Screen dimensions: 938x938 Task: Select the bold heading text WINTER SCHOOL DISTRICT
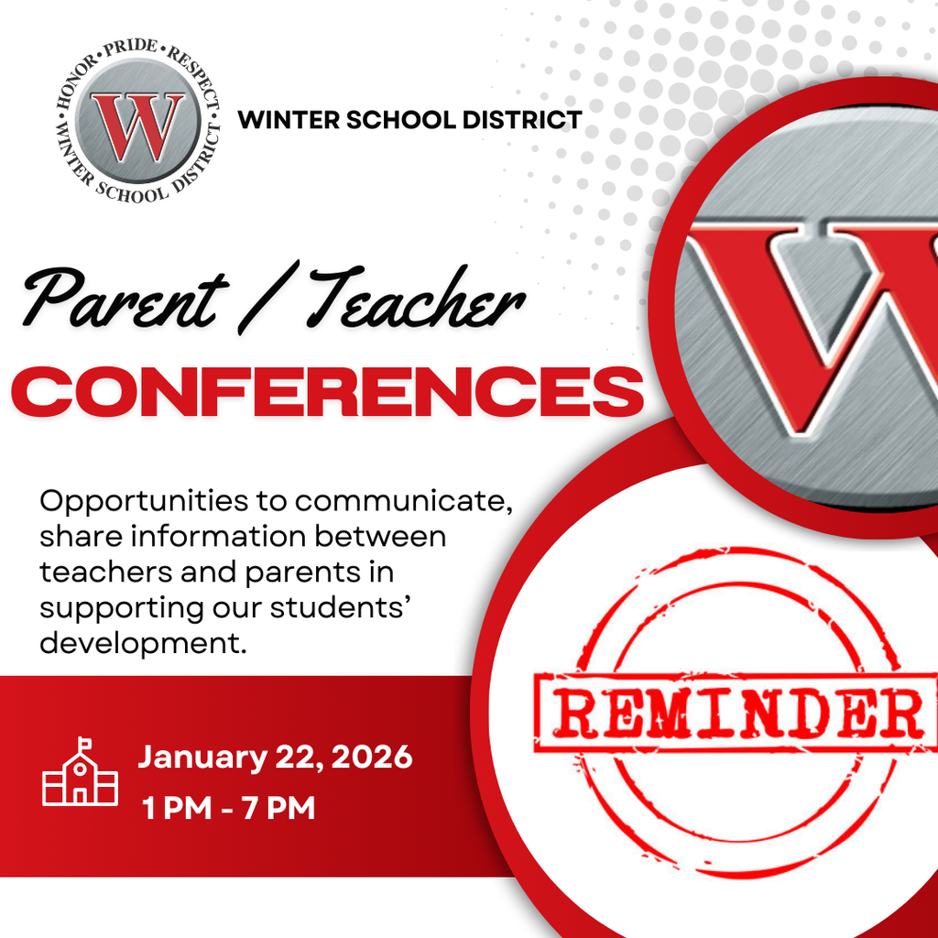pyautogui.click(x=409, y=119)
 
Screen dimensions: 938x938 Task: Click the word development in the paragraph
pyautogui.click(x=143, y=642)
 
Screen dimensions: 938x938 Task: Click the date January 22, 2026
pyautogui.click(x=275, y=758)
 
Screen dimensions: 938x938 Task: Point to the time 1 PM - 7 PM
pyautogui.click(x=228, y=809)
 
